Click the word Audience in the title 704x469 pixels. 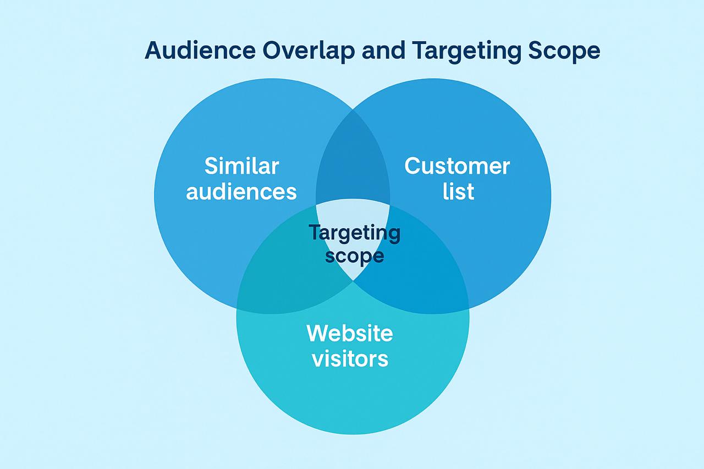(x=200, y=50)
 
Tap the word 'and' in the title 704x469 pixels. (x=383, y=50)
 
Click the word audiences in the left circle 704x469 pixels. (x=241, y=192)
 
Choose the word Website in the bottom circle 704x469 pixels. (x=350, y=333)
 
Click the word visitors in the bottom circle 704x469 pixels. (x=350, y=358)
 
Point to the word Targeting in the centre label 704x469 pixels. (x=355, y=233)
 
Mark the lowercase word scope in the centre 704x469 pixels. (x=355, y=256)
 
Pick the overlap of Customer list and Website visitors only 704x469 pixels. (x=421, y=270)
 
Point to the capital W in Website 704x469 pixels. (x=318, y=333)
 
